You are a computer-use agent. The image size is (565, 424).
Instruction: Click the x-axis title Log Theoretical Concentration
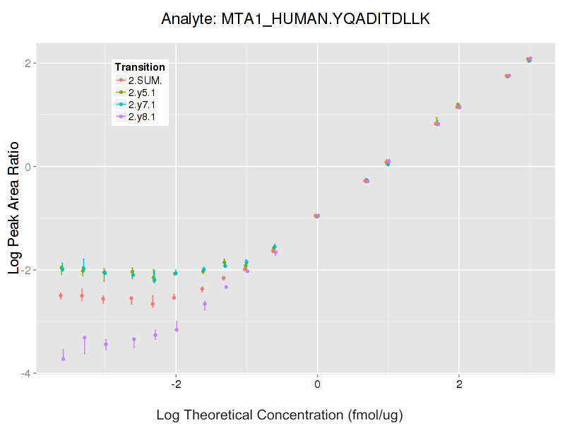click(x=280, y=414)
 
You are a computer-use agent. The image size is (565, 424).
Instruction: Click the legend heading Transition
click(x=140, y=67)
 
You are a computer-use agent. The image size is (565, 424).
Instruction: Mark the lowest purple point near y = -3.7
click(x=63, y=359)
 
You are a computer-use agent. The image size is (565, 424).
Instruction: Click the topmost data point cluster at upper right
click(x=529, y=59)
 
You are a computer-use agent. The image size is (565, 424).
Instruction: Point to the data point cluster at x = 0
click(x=317, y=216)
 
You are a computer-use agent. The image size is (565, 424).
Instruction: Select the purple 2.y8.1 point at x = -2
click(x=177, y=329)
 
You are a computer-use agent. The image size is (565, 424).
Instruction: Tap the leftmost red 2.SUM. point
click(x=61, y=295)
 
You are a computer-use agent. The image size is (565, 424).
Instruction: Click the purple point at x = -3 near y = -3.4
click(x=106, y=345)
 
